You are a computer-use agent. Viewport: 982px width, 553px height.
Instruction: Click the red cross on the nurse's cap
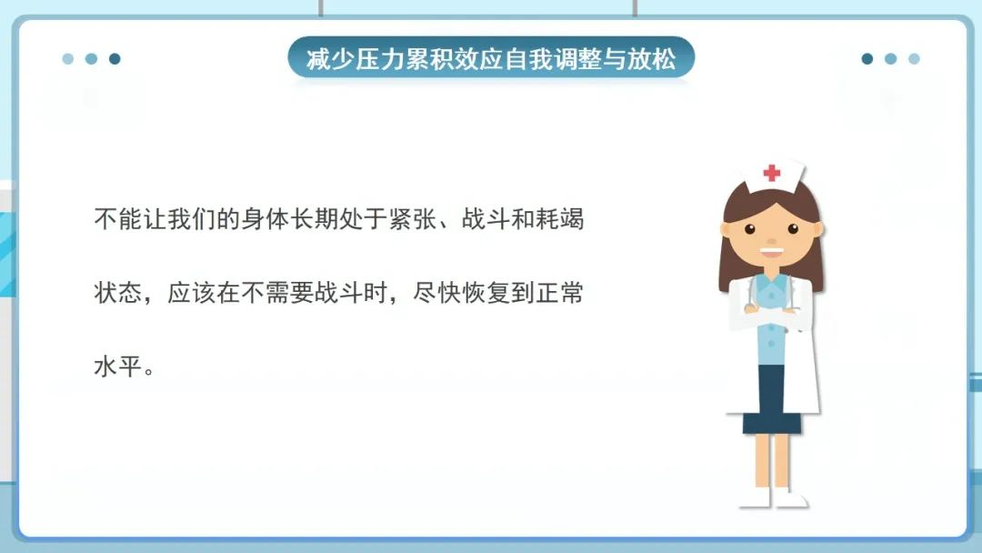772,173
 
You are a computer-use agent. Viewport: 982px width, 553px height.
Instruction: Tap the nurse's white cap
772,174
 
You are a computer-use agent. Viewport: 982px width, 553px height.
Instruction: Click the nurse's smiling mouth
771,252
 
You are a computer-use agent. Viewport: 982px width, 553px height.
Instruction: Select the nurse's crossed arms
772,315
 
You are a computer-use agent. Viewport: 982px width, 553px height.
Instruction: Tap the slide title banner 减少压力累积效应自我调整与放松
491,60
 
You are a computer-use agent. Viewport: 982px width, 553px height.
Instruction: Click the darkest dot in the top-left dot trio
115,59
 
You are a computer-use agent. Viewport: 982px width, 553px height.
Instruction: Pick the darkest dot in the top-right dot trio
867,59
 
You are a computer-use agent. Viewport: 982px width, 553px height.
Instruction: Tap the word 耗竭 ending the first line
565,220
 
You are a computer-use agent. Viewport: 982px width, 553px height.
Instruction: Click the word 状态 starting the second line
113,296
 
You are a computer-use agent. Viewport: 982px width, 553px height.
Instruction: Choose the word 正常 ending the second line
565,296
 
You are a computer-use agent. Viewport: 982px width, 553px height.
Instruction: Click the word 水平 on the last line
113,371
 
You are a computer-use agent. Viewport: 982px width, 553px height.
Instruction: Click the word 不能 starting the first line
113,220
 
